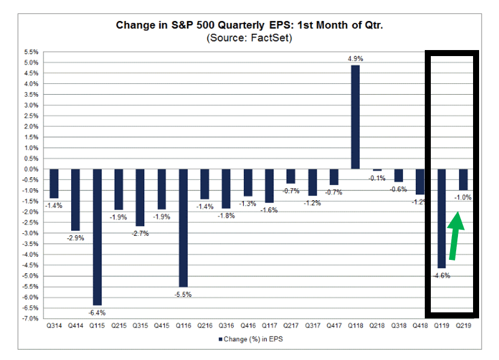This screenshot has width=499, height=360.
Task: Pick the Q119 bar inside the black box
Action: [442, 218]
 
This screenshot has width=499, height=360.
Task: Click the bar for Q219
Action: [463, 180]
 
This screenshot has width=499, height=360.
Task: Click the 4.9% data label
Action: [355, 58]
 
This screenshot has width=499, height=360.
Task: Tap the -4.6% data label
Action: [442, 275]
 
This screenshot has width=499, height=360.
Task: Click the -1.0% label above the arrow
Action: [463, 197]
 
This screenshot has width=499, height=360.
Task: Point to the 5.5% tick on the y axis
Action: [31, 52]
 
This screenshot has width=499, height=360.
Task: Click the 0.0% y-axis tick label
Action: [31, 169]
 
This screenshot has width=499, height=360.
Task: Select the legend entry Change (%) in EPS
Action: [250, 339]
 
